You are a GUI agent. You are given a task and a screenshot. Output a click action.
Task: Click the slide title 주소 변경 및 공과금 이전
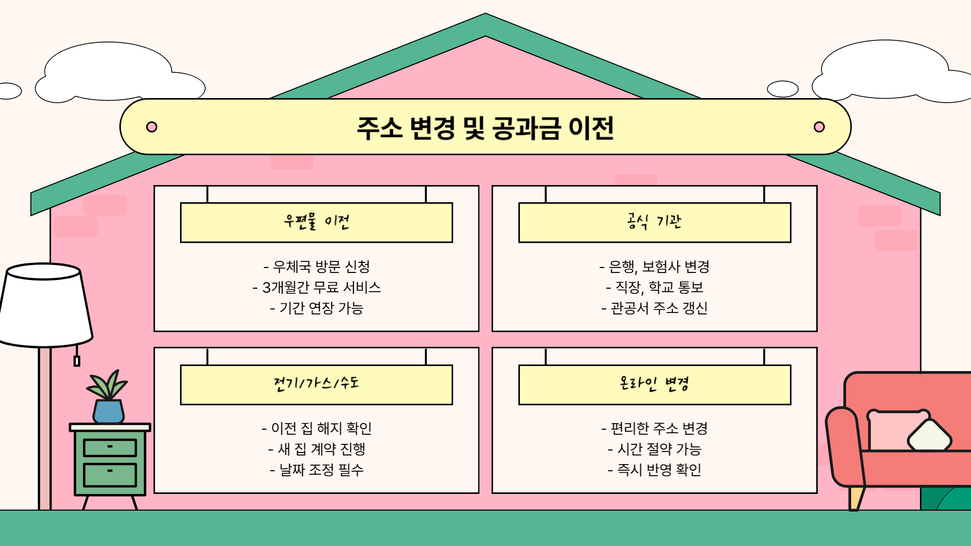[485, 128]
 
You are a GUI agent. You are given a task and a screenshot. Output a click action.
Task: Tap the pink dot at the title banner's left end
[151, 127]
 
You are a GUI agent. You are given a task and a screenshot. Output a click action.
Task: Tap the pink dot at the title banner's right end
[819, 127]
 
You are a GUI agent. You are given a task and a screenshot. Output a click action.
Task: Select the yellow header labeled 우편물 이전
[316, 222]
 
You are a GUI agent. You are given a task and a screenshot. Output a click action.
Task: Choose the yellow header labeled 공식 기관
[654, 222]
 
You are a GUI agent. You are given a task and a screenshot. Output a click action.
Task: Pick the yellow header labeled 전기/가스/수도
[316, 384]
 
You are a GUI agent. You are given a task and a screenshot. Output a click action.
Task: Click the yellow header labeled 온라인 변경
[654, 384]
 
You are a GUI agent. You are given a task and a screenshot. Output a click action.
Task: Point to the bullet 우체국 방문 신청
[317, 266]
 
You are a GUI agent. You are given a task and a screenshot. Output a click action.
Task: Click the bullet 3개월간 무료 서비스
[317, 287]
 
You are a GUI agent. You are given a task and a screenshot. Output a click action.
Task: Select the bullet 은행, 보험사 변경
[654, 266]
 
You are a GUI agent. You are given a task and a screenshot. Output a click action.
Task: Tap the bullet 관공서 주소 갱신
[654, 308]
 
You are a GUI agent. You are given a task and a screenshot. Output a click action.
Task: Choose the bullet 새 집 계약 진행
[317, 449]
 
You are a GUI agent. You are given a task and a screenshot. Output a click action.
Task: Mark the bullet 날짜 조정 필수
[317, 470]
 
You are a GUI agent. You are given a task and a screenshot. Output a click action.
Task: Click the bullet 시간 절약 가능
[654, 449]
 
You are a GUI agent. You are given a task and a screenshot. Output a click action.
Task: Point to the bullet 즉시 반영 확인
[654, 470]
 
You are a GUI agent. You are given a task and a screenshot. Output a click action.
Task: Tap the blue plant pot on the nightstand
[108, 411]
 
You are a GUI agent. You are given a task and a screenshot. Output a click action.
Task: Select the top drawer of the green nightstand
[110, 447]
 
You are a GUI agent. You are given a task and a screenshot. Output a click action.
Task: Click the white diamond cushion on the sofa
[930, 436]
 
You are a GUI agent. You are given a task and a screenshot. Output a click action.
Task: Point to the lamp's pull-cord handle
[77, 361]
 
